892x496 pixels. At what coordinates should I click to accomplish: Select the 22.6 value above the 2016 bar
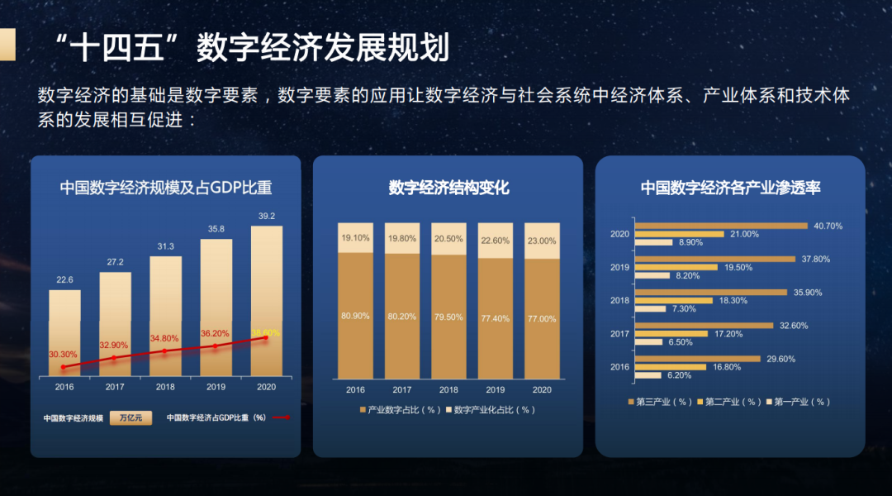(x=64, y=279)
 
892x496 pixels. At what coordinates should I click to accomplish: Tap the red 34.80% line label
(x=164, y=339)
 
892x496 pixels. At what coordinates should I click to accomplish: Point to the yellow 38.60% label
(x=264, y=332)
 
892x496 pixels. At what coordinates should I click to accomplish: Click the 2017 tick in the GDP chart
(x=115, y=387)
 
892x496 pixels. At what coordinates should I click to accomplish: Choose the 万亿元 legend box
(x=130, y=418)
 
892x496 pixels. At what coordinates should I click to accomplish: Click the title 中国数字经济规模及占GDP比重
(x=166, y=188)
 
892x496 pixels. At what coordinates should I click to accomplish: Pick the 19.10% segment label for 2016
(x=355, y=238)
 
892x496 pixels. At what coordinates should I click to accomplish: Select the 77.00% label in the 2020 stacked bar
(x=542, y=318)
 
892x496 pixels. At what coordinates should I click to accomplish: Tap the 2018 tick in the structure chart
(x=448, y=389)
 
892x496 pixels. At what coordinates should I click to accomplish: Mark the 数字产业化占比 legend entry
(x=491, y=410)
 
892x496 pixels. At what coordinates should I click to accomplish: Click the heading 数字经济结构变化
(x=448, y=188)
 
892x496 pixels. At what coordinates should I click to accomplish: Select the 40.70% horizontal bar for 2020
(x=720, y=226)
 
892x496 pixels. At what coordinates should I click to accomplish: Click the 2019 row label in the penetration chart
(x=619, y=267)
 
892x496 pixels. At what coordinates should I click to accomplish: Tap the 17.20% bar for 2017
(x=671, y=333)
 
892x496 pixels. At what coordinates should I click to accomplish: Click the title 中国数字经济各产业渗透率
(x=730, y=188)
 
